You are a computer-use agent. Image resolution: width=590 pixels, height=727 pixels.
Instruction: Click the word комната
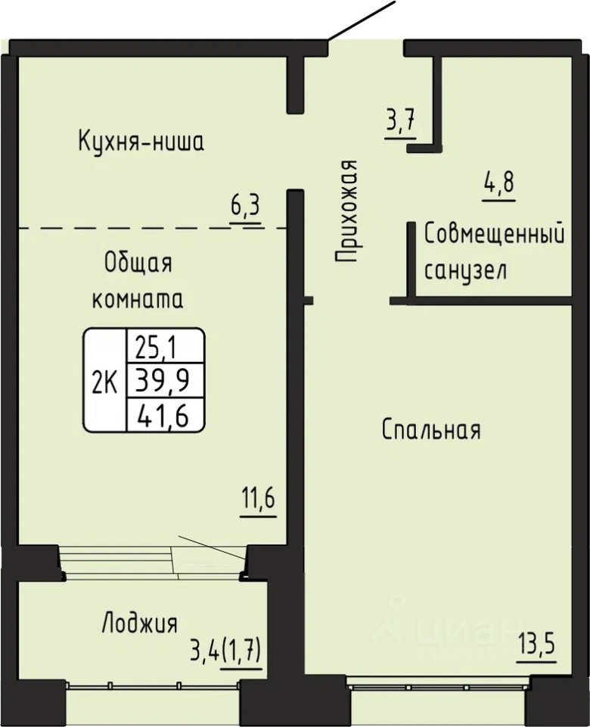[x=138, y=299]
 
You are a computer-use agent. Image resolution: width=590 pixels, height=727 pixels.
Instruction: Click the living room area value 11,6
[x=259, y=501]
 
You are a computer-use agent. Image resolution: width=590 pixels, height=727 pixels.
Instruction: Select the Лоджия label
[x=140, y=622]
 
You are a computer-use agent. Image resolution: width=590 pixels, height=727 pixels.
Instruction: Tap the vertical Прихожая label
[x=347, y=211]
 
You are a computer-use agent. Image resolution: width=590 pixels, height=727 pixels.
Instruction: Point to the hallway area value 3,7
[x=401, y=123]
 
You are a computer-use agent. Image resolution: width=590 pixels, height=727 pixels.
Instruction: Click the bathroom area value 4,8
[x=498, y=183]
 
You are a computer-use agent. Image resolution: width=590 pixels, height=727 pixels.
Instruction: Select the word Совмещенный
[x=495, y=235]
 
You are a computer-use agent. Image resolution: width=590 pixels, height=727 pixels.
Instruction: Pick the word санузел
[x=465, y=271]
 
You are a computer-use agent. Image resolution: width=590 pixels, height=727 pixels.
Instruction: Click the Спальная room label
[x=432, y=429]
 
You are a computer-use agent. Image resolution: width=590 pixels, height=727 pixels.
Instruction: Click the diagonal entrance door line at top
[x=362, y=20]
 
